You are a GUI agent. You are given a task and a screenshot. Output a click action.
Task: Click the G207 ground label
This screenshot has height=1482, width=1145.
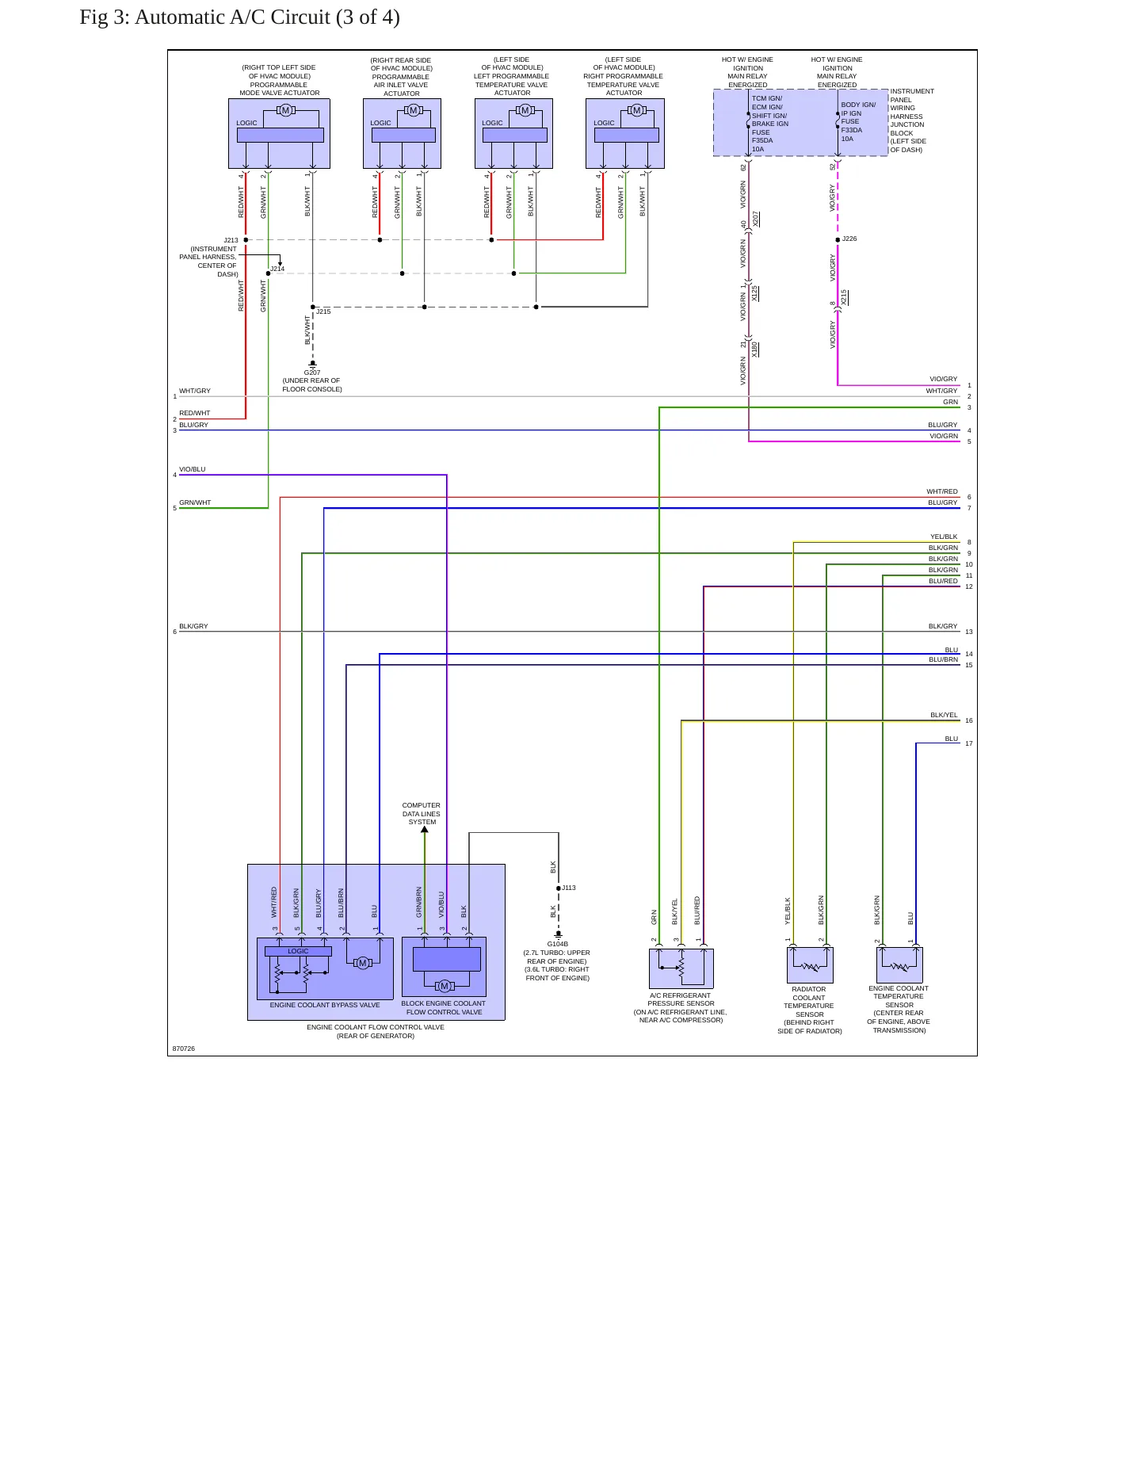pyautogui.click(x=312, y=372)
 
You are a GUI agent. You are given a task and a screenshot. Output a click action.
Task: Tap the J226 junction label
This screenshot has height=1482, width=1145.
pyautogui.click(x=849, y=239)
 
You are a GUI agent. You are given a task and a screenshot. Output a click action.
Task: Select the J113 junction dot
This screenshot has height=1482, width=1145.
pyautogui.click(x=559, y=888)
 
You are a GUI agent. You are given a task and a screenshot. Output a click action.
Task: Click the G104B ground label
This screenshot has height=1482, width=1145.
pyautogui.click(x=558, y=944)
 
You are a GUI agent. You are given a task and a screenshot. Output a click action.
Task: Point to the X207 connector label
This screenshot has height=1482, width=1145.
pyautogui.click(x=756, y=219)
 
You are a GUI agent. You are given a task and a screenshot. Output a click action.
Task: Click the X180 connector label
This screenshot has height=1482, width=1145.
pyautogui.click(x=755, y=349)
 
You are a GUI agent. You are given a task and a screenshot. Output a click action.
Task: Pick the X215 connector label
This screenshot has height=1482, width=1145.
pyautogui.click(x=845, y=297)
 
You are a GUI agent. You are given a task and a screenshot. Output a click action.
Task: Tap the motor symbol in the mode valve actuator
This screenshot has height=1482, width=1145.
pyautogui.click(x=285, y=110)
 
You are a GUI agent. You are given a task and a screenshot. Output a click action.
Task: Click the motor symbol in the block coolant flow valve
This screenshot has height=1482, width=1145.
pyautogui.click(x=445, y=986)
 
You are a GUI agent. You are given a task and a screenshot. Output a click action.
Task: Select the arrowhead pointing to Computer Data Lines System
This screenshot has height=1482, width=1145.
pyautogui.click(x=425, y=830)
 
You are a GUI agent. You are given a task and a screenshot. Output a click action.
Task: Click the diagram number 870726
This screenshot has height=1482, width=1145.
pyautogui.click(x=184, y=1048)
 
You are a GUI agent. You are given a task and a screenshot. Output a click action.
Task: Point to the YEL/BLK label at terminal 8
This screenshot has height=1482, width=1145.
pyautogui.click(x=944, y=537)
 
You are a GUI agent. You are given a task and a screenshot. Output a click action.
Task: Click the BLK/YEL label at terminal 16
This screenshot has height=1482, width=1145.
pyautogui.click(x=944, y=715)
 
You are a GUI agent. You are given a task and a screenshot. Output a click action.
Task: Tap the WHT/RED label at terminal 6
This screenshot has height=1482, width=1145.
pyautogui.click(x=942, y=491)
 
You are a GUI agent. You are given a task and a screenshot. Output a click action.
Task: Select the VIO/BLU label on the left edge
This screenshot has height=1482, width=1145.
pyautogui.click(x=193, y=469)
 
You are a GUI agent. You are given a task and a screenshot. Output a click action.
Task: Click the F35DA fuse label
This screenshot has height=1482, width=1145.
pyautogui.click(x=762, y=140)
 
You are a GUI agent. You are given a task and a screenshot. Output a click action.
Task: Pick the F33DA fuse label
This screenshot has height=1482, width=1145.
pyautogui.click(x=852, y=130)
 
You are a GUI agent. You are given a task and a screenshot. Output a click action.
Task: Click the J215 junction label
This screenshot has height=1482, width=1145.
pyautogui.click(x=323, y=311)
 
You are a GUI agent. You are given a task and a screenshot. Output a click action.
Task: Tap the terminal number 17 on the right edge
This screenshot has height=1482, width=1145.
pyautogui.click(x=969, y=743)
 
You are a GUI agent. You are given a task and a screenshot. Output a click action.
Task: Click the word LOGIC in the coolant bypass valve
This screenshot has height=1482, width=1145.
pyautogui.click(x=298, y=951)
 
